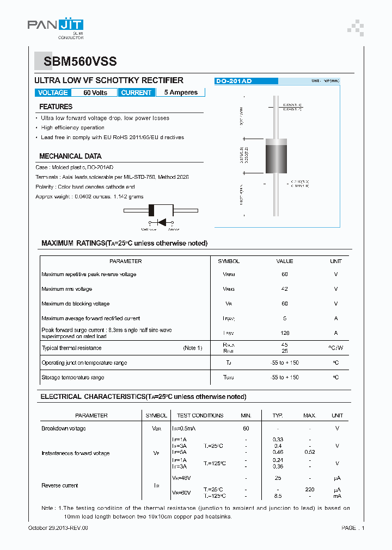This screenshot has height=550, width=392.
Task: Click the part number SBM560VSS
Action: coord(76,62)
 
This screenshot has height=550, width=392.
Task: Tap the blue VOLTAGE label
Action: coord(53,92)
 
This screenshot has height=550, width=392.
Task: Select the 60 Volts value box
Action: coord(95,92)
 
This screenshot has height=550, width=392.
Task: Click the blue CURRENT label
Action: coord(136,92)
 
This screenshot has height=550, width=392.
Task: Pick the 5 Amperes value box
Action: coord(180,92)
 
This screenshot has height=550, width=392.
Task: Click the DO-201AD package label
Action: coord(234,81)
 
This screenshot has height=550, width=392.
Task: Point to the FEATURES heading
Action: coord(56,107)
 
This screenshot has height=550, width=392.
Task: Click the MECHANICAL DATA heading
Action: coord(70,156)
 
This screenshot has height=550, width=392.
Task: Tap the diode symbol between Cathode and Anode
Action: coord(161,222)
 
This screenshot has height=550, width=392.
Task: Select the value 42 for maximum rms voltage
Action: coord(284,289)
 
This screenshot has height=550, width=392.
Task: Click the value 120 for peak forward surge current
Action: coord(284,333)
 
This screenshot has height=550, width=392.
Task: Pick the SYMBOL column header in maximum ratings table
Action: coord(229,261)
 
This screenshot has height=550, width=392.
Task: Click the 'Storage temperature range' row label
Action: coord(73,377)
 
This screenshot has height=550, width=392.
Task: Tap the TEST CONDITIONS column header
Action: coord(200,415)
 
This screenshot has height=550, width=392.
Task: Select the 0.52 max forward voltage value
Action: coord(309,452)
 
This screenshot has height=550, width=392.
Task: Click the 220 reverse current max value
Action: coord(309,489)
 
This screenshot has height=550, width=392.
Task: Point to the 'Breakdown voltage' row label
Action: coord(64,428)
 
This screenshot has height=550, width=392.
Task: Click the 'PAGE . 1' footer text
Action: coord(353,528)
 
